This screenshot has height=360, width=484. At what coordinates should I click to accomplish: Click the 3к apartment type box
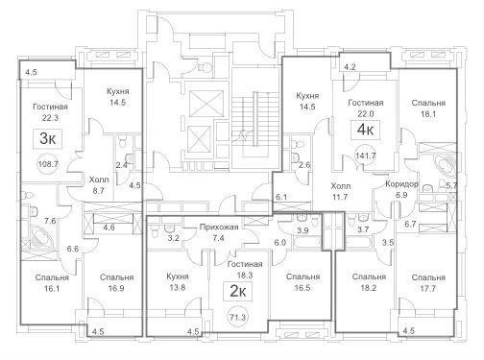point(48,139)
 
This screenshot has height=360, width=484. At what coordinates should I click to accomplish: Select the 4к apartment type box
point(365,130)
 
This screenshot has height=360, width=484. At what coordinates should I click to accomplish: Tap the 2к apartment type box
point(238,291)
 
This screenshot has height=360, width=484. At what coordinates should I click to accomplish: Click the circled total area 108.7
point(48,164)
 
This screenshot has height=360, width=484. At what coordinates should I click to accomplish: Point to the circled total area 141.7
point(366,156)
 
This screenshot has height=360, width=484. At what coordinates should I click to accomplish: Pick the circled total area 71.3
point(238,317)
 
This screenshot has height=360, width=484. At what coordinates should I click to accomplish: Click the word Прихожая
point(219,228)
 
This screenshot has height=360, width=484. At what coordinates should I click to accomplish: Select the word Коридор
point(401,184)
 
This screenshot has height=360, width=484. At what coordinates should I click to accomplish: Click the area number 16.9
point(116,288)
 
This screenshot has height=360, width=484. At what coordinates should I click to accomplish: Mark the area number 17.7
point(428,288)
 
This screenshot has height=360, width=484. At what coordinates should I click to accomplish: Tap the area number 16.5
point(302,288)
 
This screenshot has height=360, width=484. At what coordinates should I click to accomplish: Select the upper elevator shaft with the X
point(206,104)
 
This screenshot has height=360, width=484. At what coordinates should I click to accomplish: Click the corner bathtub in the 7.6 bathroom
point(42,237)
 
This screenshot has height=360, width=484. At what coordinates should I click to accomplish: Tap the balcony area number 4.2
point(350,67)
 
